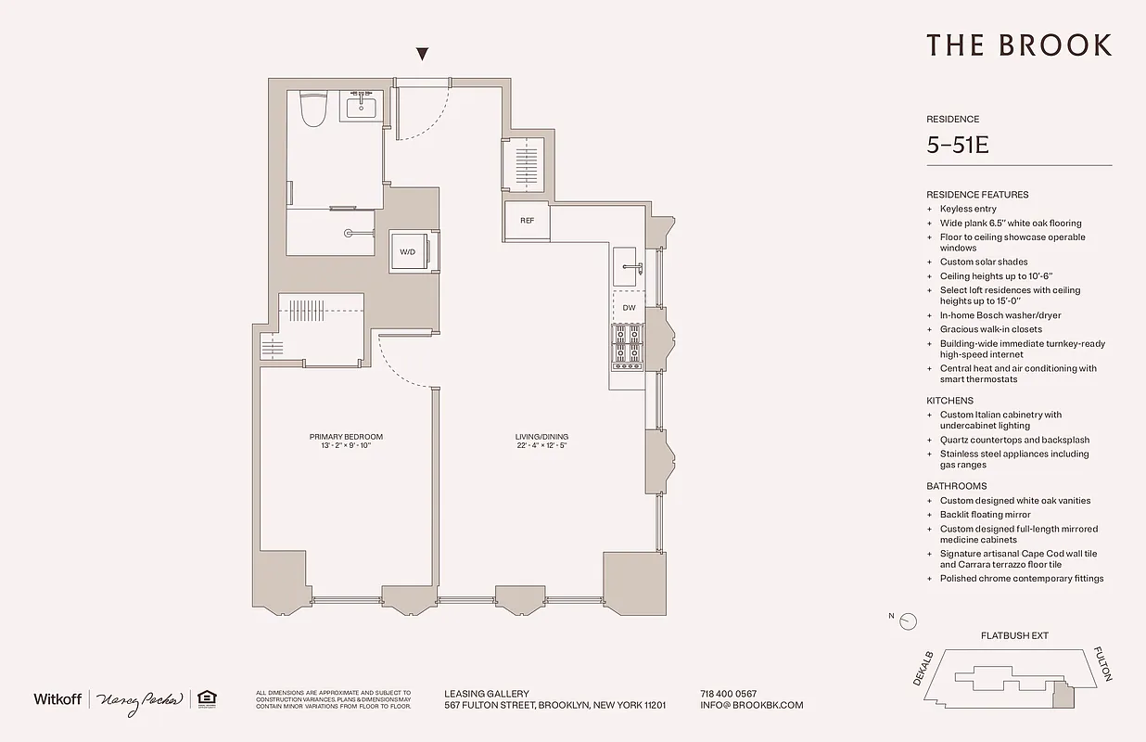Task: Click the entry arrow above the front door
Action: (x=423, y=55)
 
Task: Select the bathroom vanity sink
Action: (x=361, y=108)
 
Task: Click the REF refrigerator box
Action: (x=527, y=221)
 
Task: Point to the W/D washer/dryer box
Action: (x=408, y=251)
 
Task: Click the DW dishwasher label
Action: (x=629, y=308)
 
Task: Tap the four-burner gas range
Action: (x=627, y=345)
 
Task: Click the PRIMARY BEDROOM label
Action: (x=346, y=437)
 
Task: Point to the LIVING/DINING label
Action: (x=542, y=437)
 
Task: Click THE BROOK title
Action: (x=1018, y=45)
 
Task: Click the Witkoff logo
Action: (x=57, y=698)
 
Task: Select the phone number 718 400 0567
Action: (x=729, y=694)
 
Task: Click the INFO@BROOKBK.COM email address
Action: (x=752, y=705)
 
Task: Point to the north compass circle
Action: (x=909, y=621)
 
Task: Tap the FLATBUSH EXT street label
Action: (x=1014, y=636)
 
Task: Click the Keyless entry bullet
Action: (x=968, y=209)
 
